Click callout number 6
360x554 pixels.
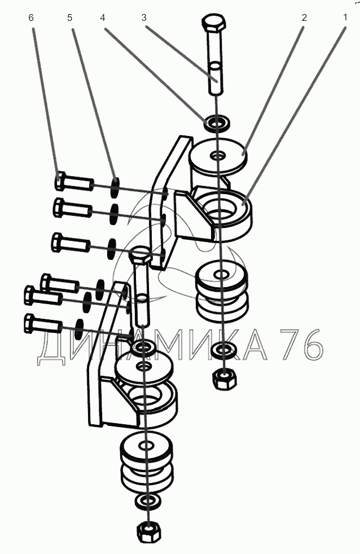pyautogui.click(x=31, y=17)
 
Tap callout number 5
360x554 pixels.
pyautogui.click(x=69, y=17)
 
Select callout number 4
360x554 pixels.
pyautogui.click(x=103, y=17)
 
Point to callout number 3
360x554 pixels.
pyautogui.click(x=144, y=17)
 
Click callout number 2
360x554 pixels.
pyautogui.click(x=304, y=17)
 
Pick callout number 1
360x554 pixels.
pyautogui.click(x=345, y=17)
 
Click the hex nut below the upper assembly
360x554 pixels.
pyautogui.click(x=225, y=379)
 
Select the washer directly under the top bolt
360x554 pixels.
pyautogui.click(x=217, y=122)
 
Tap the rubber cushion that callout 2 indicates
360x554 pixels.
pyautogui.click(x=218, y=157)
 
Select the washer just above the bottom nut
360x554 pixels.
pyautogui.click(x=147, y=500)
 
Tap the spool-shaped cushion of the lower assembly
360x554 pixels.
pyautogui.click(x=147, y=460)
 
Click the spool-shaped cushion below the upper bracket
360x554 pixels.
pyautogui.click(x=222, y=291)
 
